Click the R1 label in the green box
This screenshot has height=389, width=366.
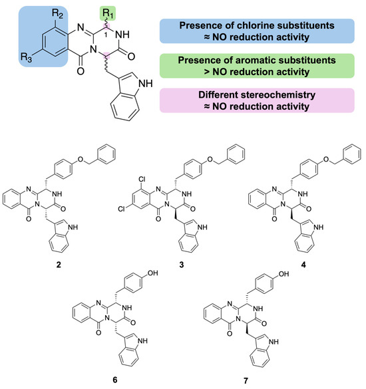[x=108, y=13]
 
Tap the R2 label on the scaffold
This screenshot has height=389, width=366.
[x=57, y=14]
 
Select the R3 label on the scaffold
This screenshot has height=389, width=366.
[x=26, y=57]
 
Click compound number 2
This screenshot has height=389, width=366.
[x=59, y=265]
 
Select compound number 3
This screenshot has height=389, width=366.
[x=182, y=265]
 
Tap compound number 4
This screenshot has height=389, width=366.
[x=303, y=265]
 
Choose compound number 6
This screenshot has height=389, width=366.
[x=114, y=380]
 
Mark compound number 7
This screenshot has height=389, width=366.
[x=246, y=380]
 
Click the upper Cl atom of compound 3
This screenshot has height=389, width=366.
[x=142, y=179]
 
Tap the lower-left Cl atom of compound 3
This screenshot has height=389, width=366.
[x=121, y=209]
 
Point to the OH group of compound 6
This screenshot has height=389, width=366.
[x=152, y=273]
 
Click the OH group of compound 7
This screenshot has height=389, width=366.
[x=283, y=274]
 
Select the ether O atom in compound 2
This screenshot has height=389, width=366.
[x=81, y=159]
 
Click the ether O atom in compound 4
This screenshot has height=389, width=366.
[x=326, y=159]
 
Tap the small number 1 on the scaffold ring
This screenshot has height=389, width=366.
[x=105, y=35]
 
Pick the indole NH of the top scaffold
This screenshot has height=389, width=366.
[x=146, y=83]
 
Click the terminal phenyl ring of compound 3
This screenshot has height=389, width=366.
[x=236, y=154]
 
